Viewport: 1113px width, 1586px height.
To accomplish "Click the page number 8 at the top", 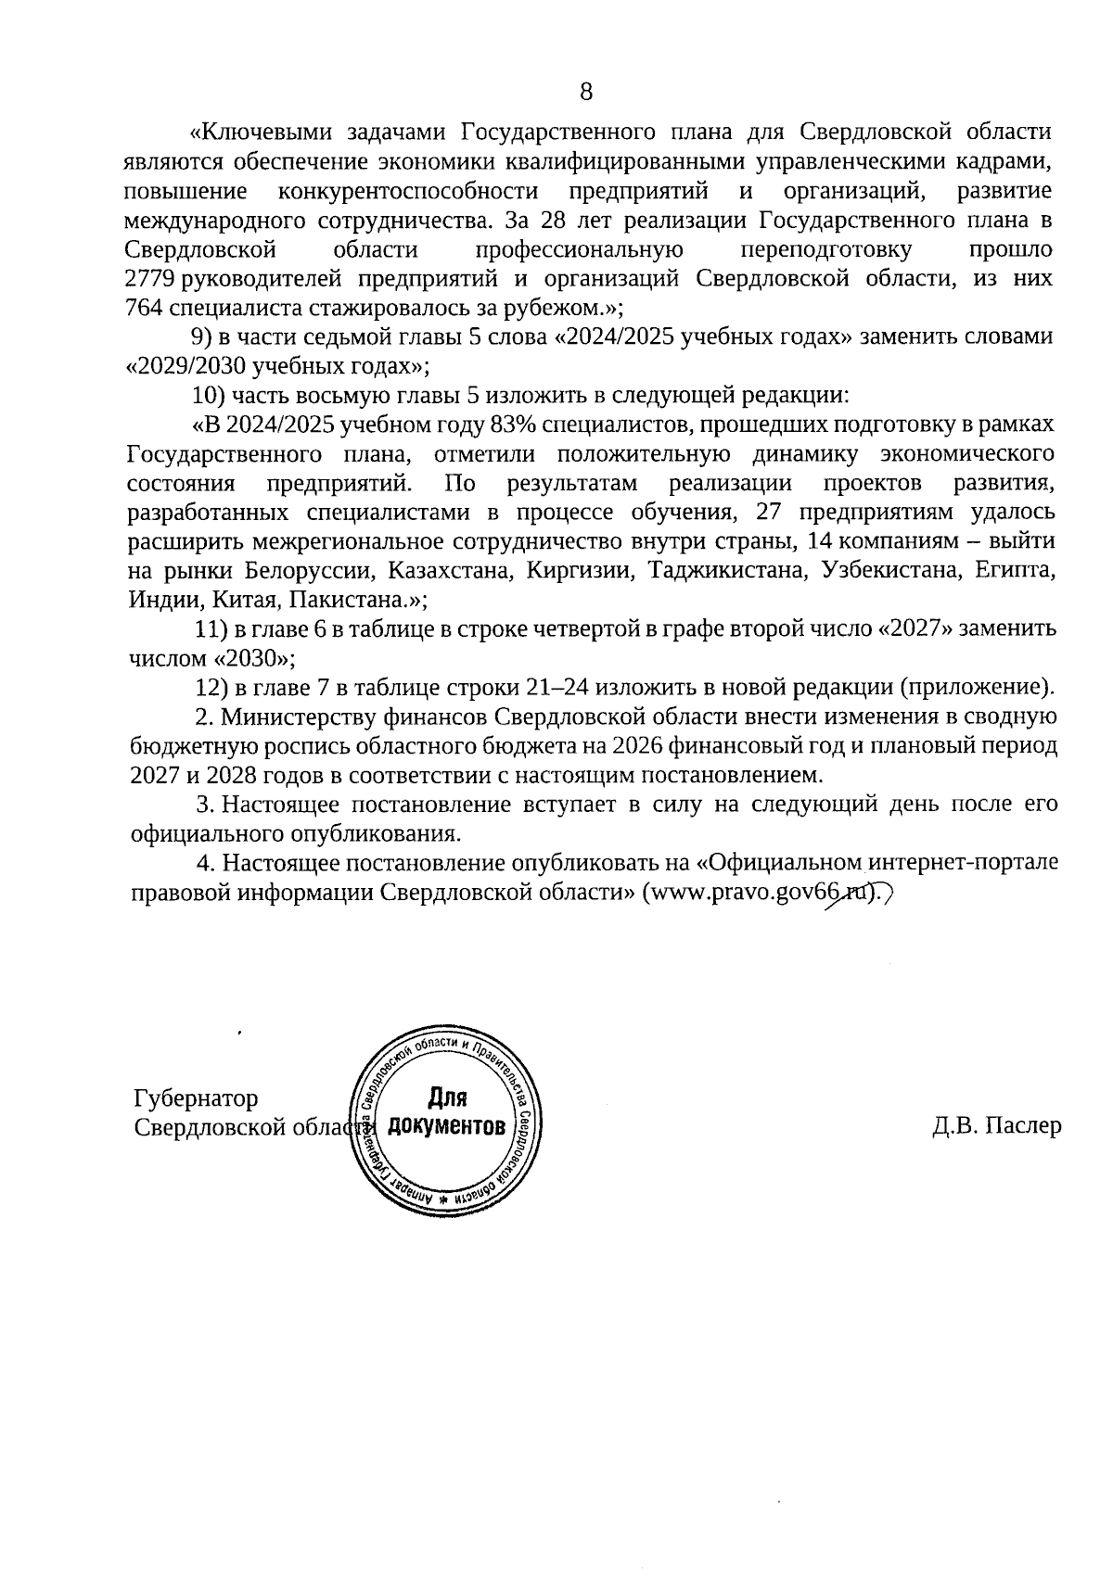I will tap(585, 92).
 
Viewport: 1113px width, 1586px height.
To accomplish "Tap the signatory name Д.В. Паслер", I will tap(997, 1126).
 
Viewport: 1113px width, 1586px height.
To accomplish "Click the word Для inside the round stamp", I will tap(447, 1099).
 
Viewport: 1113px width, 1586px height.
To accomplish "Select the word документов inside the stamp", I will tap(447, 1127).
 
